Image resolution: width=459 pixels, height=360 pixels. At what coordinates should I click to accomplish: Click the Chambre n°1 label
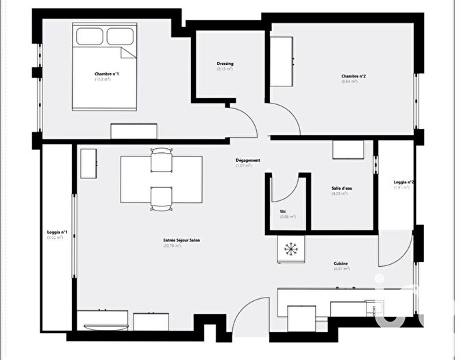coord(103,73)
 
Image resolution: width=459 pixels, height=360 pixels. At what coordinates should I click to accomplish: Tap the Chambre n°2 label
coord(353,76)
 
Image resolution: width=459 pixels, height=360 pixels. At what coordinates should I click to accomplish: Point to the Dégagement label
coord(247,160)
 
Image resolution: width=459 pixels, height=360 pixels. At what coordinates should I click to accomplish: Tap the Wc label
coord(283,211)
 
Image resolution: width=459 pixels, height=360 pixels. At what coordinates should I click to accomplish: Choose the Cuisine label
coord(341,263)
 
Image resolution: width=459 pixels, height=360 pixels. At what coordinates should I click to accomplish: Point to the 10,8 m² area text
coord(103,80)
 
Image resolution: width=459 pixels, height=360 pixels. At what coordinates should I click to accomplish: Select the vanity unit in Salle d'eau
coord(343,150)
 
